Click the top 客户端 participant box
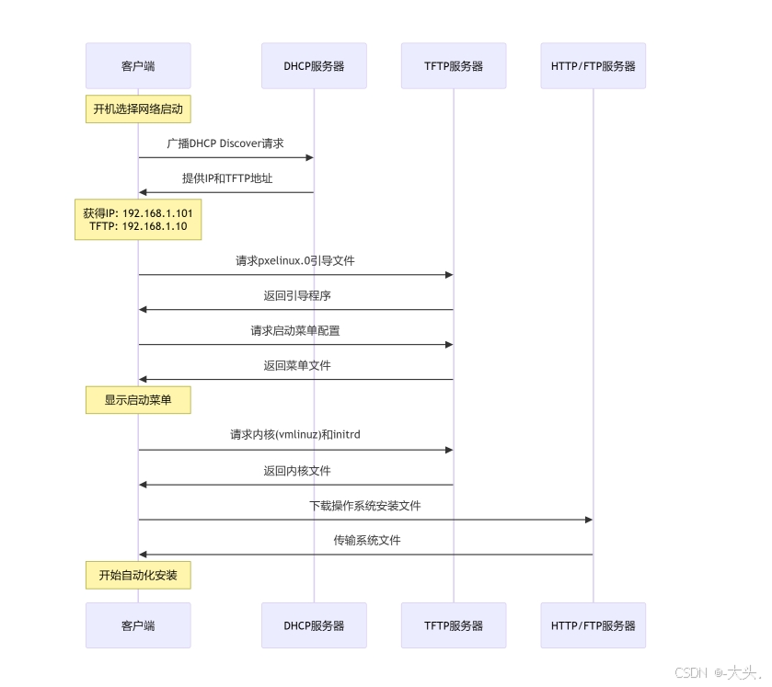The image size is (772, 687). [138, 66]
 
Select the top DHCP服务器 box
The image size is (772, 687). [314, 66]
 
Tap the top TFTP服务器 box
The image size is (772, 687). [454, 66]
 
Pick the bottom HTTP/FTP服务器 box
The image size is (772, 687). [593, 625]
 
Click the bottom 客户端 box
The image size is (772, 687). [138, 625]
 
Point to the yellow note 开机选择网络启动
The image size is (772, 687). [138, 109]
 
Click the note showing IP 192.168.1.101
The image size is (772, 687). [138, 220]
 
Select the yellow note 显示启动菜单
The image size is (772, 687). [138, 400]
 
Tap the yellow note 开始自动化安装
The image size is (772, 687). [138, 576]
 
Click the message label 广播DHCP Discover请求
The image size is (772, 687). [225, 143]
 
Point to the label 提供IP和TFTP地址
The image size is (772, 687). [227, 178]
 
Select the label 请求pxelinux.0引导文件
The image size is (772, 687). [295, 260]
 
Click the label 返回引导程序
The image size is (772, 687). [297, 295]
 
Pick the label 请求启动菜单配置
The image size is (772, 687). [295, 330]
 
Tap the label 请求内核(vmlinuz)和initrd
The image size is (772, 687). [295, 434]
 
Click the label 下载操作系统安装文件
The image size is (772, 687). [365, 506]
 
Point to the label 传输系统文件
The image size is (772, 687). [367, 540]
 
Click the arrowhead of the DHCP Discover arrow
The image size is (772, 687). [310, 157]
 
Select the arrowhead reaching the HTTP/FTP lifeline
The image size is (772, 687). [588, 520]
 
